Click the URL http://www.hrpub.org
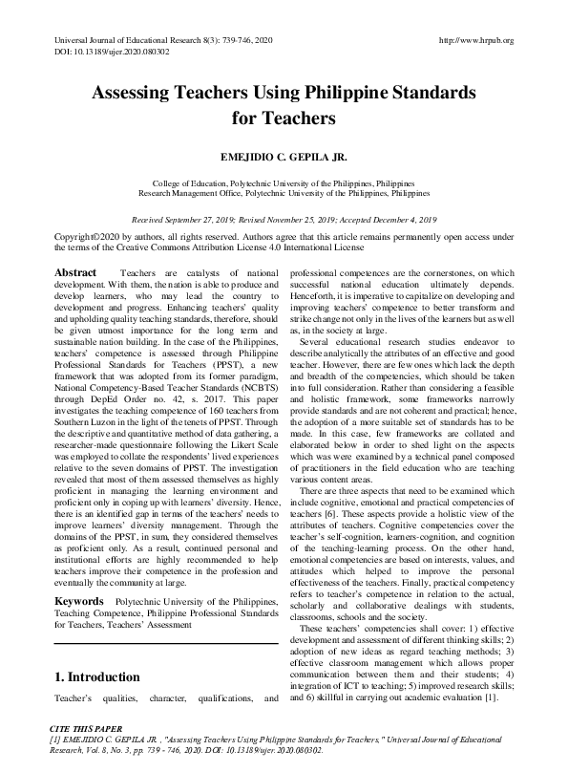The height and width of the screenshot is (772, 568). click(474, 40)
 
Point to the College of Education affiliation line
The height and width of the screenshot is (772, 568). click(284, 182)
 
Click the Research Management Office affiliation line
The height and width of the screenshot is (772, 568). click(284, 191)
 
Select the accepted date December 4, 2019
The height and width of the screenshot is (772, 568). click(399, 218)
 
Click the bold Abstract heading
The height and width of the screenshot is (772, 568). click(75, 272)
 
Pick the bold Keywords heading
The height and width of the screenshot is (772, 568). click(79, 601)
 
